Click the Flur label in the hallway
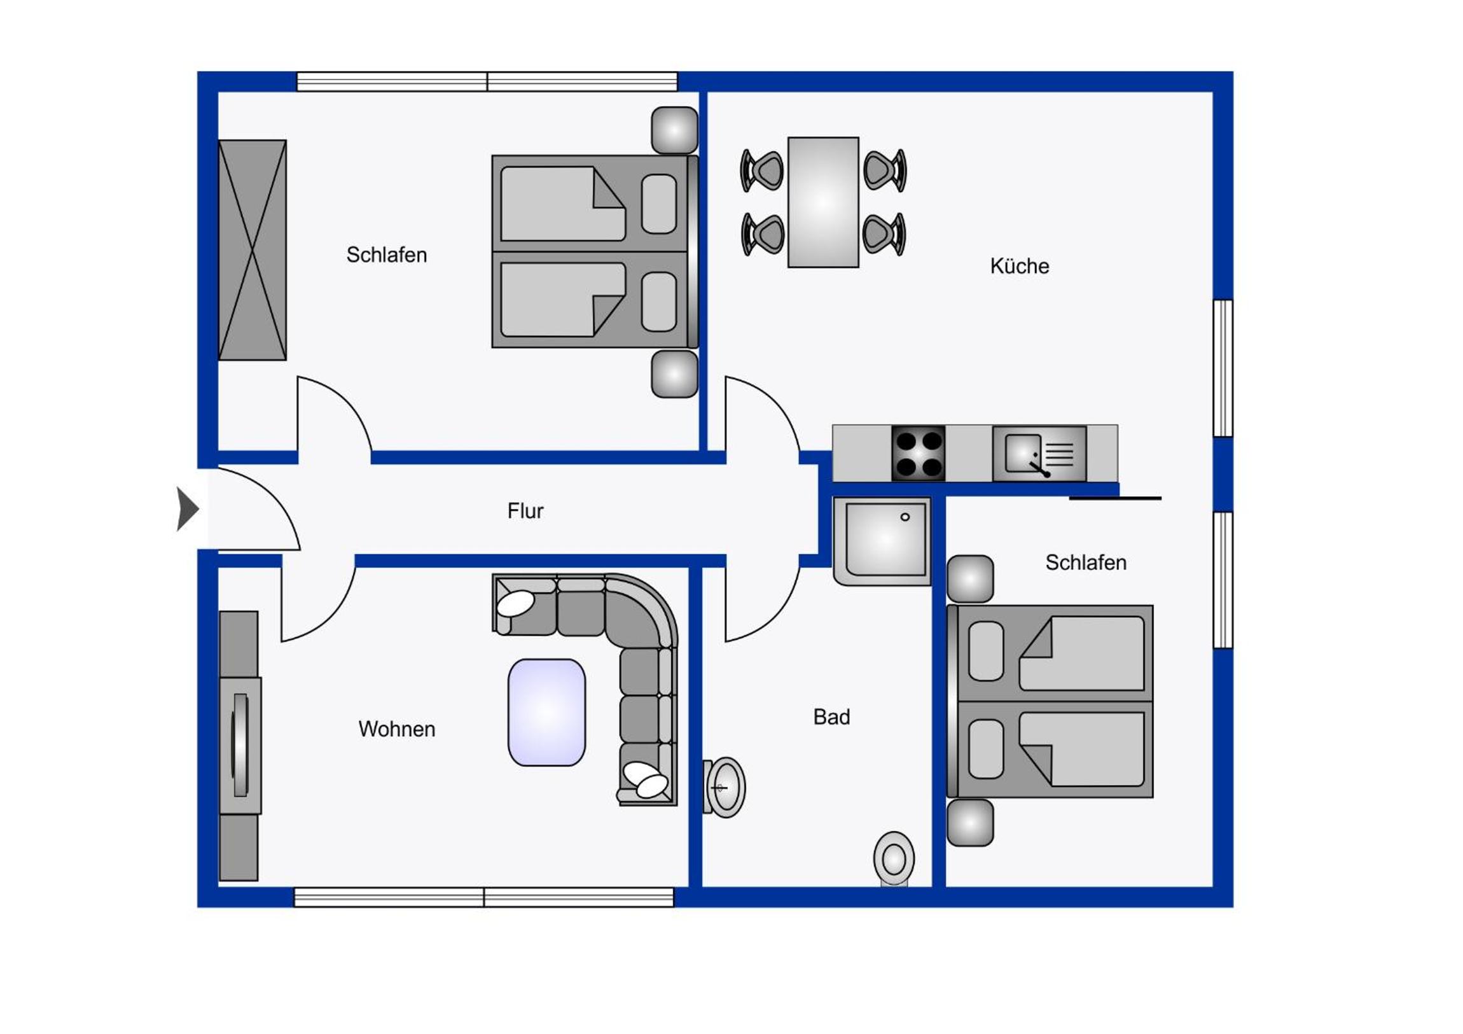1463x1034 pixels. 525,510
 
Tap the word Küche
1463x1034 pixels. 1020,266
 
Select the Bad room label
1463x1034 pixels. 831,716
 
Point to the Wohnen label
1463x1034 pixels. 396,729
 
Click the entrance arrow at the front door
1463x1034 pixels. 188,508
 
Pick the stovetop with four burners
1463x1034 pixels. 918,453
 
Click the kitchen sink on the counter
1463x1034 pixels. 1039,453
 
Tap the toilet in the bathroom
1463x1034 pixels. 894,858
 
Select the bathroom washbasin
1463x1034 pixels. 725,787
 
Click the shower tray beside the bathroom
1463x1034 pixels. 882,541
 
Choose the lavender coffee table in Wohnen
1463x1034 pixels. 546,712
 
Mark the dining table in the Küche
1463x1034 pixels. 823,202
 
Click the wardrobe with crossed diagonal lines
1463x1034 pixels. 253,250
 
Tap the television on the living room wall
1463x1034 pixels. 240,745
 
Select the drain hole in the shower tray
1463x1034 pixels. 905,517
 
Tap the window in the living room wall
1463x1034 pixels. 483,897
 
